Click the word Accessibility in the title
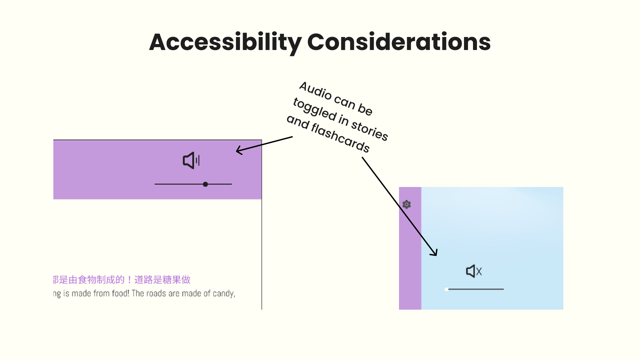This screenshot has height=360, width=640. [225, 42]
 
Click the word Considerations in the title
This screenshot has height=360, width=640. [399, 42]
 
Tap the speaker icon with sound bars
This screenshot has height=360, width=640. [191, 161]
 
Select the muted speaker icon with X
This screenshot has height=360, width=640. [474, 271]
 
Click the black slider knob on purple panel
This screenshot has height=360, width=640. [205, 184]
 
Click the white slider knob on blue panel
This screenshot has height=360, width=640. [446, 289]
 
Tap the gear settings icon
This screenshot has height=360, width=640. [406, 204]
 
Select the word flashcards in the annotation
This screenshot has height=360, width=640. [340, 137]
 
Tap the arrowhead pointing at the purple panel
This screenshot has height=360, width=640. [238, 151]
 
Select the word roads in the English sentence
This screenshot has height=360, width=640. [156, 293]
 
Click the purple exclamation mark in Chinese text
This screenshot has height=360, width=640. [129, 280]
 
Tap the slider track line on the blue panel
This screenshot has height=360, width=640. [477, 289]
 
